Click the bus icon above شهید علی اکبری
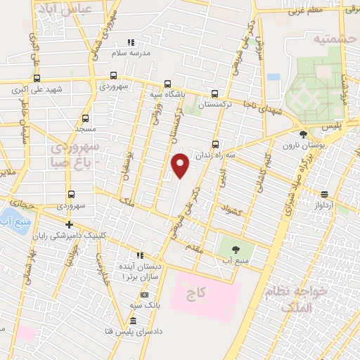point(37,79)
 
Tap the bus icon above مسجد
point(86,119)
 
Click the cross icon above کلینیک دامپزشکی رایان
point(69,224)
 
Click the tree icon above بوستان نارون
point(303,134)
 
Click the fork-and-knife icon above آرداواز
point(324,195)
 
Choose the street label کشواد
point(231,210)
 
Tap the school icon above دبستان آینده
point(139,256)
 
